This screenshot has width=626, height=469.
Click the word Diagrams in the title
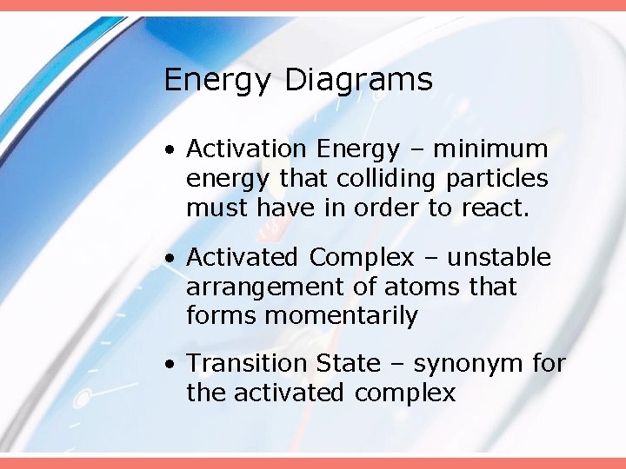[x=358, y=81]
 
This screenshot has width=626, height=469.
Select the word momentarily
[x=341, y=316]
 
